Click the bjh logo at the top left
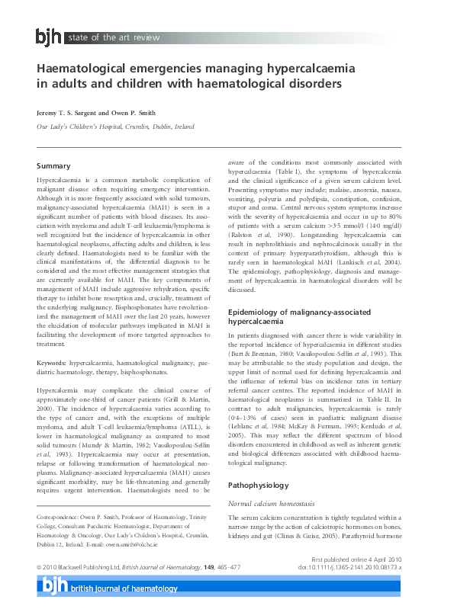(x=50, y=36)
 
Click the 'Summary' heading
(x=53, y=165)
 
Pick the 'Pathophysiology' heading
(x=259, y=463)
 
